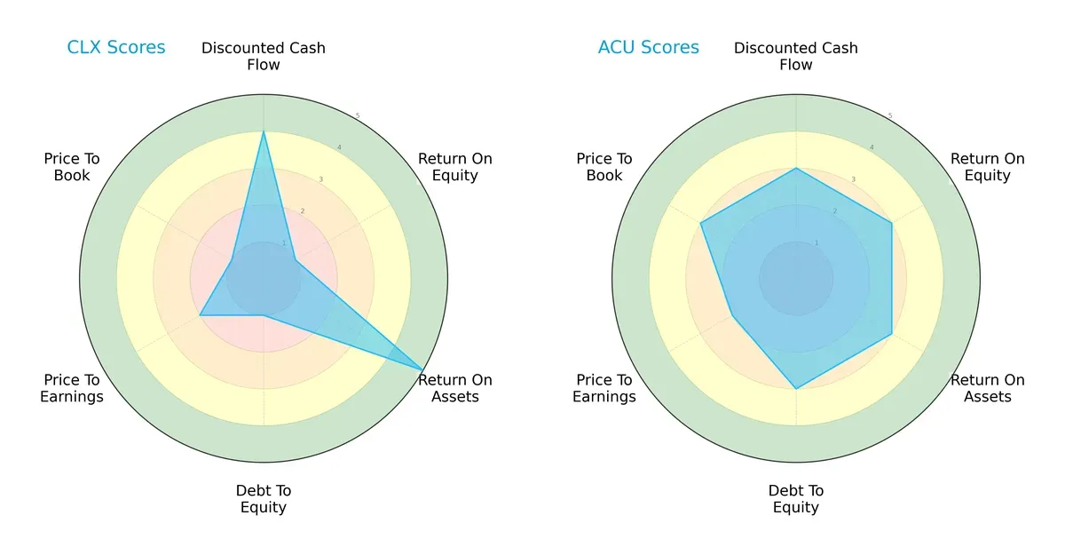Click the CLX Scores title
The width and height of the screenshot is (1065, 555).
tap(116, 48)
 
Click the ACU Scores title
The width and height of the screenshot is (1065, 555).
tap(648, 48)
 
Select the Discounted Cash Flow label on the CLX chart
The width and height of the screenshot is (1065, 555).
tap(264, 56)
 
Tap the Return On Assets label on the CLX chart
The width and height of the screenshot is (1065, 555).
tap(455, 388)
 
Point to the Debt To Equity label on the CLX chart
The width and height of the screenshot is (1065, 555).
tap(264, 499)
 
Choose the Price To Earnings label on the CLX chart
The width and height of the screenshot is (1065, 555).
tap(72, 388)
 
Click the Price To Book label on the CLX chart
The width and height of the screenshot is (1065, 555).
tap(72, 167)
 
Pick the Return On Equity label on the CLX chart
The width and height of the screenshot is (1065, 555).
tap(455, 167)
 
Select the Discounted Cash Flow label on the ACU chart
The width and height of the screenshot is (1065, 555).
tap(796, 56)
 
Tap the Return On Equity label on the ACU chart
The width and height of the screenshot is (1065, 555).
tap(988, 167)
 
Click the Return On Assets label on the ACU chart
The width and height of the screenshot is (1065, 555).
tap(988, 388)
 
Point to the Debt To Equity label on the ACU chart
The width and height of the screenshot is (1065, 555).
tap(796, 499)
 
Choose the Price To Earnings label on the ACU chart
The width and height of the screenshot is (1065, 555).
tap(604, 388)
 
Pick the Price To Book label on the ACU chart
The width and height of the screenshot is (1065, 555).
tap(604, 167)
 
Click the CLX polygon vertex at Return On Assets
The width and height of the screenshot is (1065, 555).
tap(422, 369)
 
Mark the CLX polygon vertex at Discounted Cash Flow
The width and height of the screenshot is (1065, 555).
tap(264, 131)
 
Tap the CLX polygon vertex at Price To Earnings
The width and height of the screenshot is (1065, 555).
tap(200, 315)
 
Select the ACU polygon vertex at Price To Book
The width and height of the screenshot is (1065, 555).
tap(701, 223)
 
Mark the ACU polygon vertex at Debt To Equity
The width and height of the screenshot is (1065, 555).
tap(796, 388)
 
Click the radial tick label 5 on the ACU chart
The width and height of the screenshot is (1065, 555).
tap(890, 115)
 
